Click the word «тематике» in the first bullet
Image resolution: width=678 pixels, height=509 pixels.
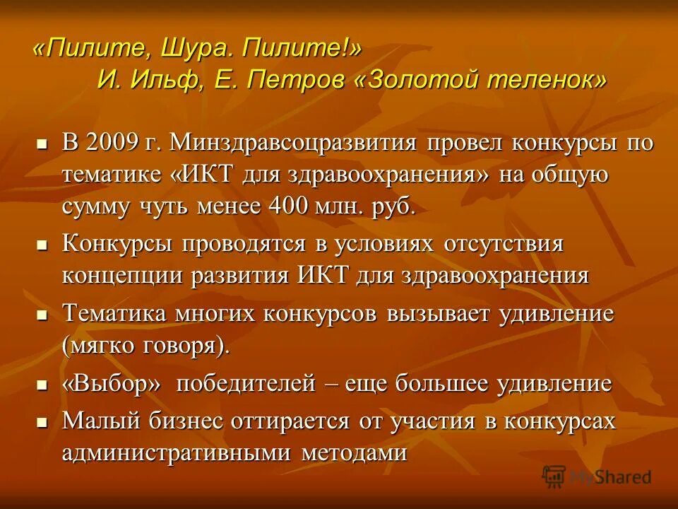point(112,175)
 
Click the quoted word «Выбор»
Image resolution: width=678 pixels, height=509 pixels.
point(113,384)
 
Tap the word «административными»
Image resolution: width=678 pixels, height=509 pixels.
point(177,452)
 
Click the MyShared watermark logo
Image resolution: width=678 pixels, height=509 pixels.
point(597,476)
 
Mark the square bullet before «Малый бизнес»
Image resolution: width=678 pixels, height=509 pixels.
point(42,421)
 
